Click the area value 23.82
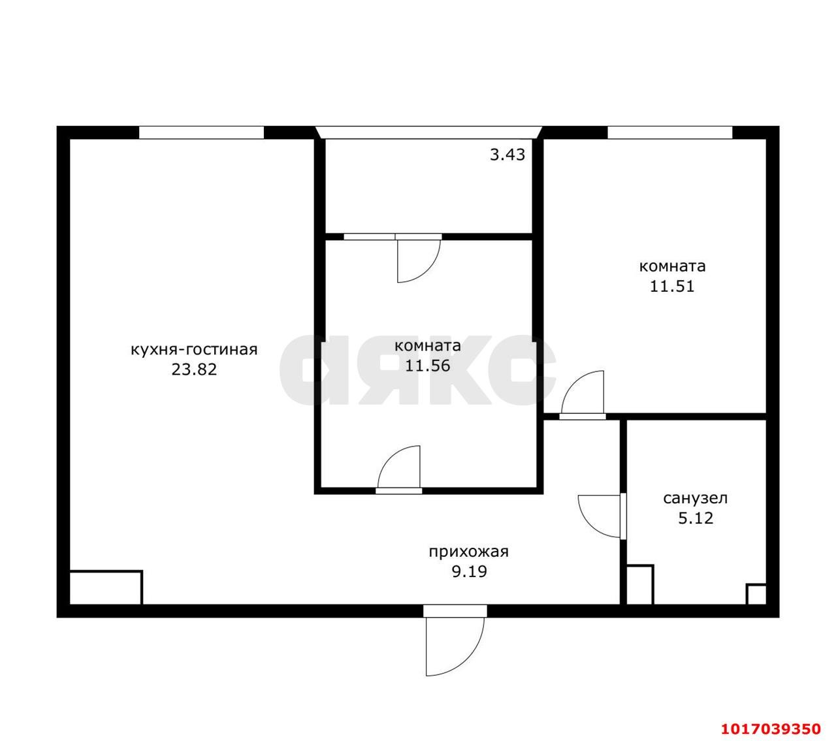pos(194,370)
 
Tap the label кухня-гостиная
pos(194,350)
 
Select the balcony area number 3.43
pos(507,155)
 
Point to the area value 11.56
pos(428,366)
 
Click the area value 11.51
pos(672,287)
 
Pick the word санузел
pos(696,498)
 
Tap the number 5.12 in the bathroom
pos(696,518)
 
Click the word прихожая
pos(469,552)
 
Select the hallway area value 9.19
pos(470,571)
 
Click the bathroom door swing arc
pos(588,522)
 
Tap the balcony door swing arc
pos(427,270)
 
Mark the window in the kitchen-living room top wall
pos(201,133)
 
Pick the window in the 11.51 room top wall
pos(669,133)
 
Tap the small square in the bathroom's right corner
pos(756,595)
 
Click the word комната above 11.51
pos(672,266)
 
